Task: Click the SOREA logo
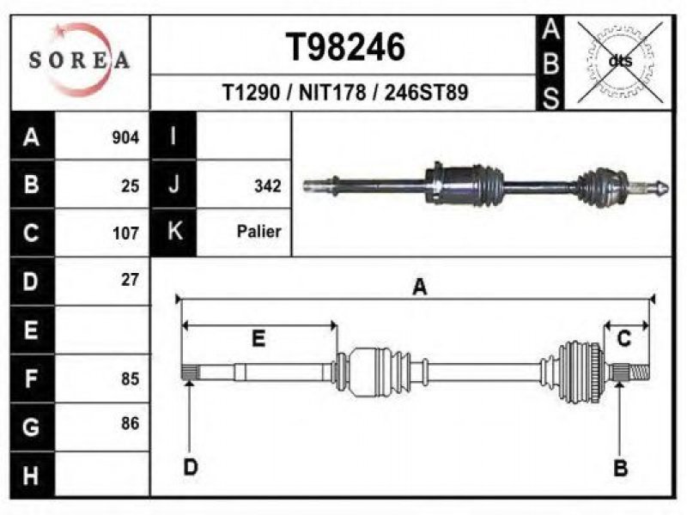click(79, 60)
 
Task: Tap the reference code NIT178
click(330, 93)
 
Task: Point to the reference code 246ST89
click(426, 93)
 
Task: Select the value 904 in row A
click(125, 138)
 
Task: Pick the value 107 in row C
click(125, 233)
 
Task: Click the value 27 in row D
click(130, 279)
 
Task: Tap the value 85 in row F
click(130, 378)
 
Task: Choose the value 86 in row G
click(130, 423)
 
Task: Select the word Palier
click(259, 232)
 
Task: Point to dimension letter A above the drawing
click(419, 287)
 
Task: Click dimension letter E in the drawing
click(258, 339)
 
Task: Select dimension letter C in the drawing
click(624, 338)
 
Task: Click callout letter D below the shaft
click(191, 467)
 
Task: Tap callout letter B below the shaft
click(620, 467)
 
